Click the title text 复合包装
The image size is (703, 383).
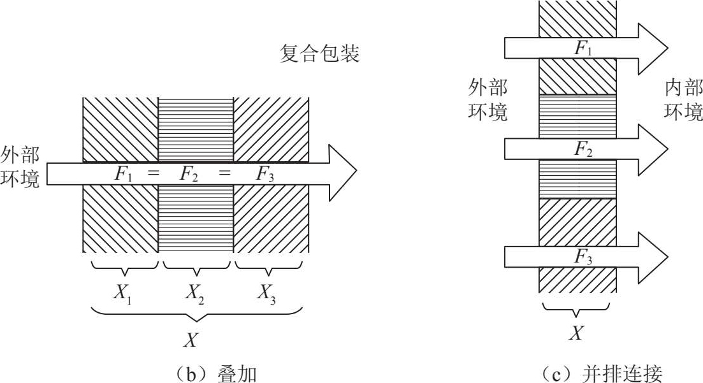pos(320,54)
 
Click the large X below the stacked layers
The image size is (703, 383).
pos(190,340)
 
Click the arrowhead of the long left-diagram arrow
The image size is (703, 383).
pos(341,173)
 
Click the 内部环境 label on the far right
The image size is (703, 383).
pos(683,101)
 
